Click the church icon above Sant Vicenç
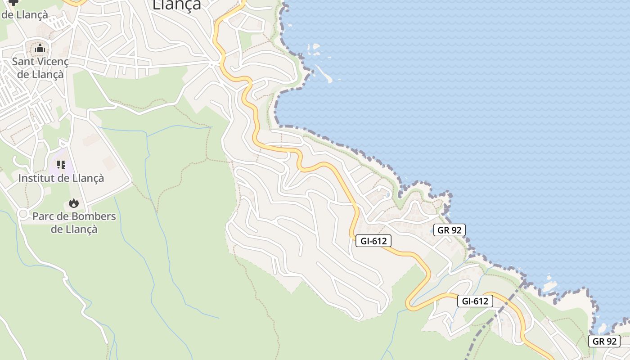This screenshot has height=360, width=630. pyautogui.click(x=40, y=48)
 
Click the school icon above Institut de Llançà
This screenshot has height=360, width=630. pyautogui.click(x=61, y=165)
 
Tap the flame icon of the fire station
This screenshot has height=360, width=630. pyautogui.click(x=74, y=203)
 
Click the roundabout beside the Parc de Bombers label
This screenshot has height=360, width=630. pyautogui.click(x=22, y=214)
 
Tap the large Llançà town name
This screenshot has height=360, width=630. pyautogui.click(x=176, y=4)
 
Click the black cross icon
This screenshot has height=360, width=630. pyautogui.click(x=13, y=2)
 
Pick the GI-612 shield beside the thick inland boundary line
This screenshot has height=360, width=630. pyautogui.click(x=475, y=301)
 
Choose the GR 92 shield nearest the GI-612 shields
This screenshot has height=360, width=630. pyautogui.click(x=449, y=230)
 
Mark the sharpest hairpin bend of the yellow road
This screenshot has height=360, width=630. pyautogui.click(x=409, y=304)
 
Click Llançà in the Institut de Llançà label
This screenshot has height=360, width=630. pyautogui.click(x=88, y=178)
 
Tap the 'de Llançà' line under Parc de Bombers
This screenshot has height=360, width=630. pyautogui.click(x=74, y=229)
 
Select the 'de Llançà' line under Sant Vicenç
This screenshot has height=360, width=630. pyautogui.click(x=40, y=74)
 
